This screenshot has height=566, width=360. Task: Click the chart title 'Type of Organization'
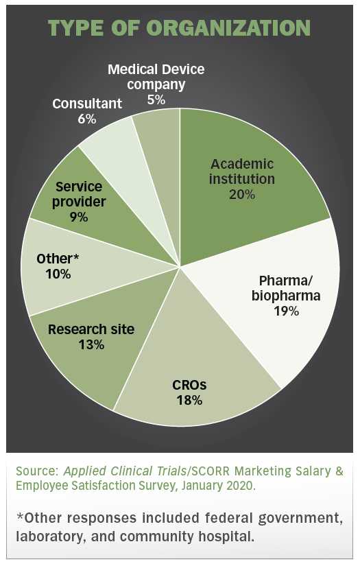click(x=180, y=27)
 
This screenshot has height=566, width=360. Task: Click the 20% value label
click(x=242, y=194)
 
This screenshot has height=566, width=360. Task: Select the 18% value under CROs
click(x=189, y=400)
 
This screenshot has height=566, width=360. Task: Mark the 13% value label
click(x=91, y=344)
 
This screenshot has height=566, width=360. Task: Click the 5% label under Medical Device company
click(x=156, y=99)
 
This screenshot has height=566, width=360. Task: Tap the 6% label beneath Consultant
click(x=87, y=119)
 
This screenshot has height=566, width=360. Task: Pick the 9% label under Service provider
click(x=79, y=217)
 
